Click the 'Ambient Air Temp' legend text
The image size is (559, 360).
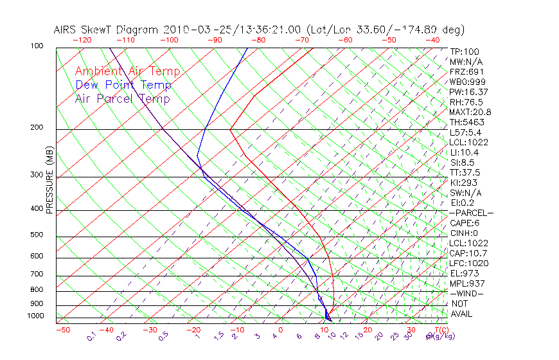click(127, 71)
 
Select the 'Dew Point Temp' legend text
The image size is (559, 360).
click(123, 85)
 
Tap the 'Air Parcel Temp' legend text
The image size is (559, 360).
click(122, 98)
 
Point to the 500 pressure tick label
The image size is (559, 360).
click(37, 235)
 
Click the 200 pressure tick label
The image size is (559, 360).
click(37, 127)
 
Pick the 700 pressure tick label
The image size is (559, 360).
click(37, 274)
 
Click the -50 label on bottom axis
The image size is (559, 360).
click(62, 330)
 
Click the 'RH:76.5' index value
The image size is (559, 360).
click(464, 102)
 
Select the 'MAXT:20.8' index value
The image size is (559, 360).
click(469, 112)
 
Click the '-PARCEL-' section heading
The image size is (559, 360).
click(470, 213)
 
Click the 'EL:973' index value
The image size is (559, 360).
click(462, 273)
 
